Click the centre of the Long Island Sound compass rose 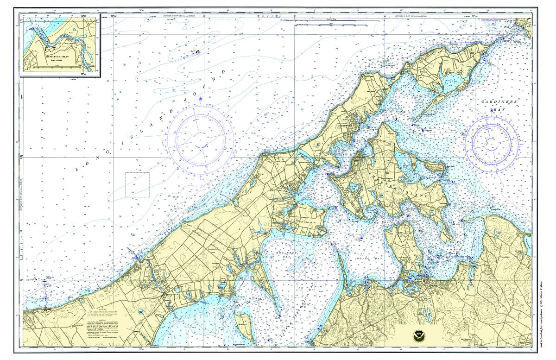pyautogui.click(x=200, y=138)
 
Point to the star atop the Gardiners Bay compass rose pyautogui.click(x=492, y=110)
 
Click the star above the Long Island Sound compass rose pyautogui.click(x=201, y=99)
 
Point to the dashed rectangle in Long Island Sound pyautogui.click(x=137, y=185)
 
